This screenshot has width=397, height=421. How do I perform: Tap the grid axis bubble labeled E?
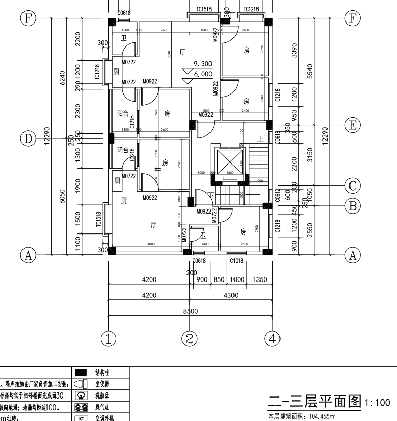[x=352, y=124]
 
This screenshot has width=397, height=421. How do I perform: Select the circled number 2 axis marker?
[x=190, y=338]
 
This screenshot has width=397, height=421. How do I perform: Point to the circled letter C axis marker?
[x=352, y=185]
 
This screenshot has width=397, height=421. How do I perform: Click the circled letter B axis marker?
[x=352, y=205]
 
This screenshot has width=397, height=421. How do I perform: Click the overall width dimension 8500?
[x=190, y=310]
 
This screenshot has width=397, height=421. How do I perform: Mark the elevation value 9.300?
[x=203, y=64]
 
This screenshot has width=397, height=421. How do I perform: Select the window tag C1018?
[x=237, y=261]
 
